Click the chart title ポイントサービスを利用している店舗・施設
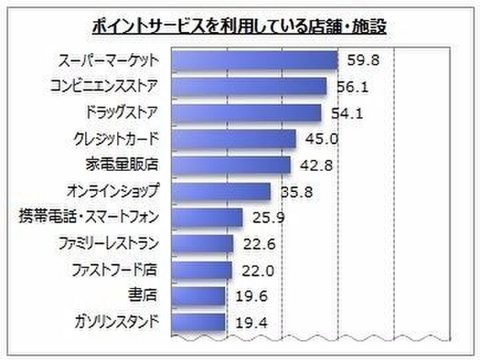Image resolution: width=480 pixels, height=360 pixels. (240, 27)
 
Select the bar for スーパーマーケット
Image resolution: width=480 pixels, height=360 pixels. (254, 61)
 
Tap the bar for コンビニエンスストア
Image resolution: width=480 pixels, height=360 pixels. (248, 86)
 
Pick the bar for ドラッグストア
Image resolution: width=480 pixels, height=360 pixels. (245, 112)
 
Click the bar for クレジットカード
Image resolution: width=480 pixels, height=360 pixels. (233, 139)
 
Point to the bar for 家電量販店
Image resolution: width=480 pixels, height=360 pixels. (230, 165)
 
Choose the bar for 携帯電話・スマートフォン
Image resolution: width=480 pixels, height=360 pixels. (206, 217)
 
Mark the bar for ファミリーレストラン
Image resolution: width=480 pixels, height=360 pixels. (202, 243)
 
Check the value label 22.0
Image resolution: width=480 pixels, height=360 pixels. (257, 270)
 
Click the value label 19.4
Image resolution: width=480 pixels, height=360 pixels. (251, 322)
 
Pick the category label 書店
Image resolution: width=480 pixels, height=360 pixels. (143, 296)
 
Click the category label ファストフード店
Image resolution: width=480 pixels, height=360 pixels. (115, 269)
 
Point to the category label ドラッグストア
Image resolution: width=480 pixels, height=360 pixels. (119, 112)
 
